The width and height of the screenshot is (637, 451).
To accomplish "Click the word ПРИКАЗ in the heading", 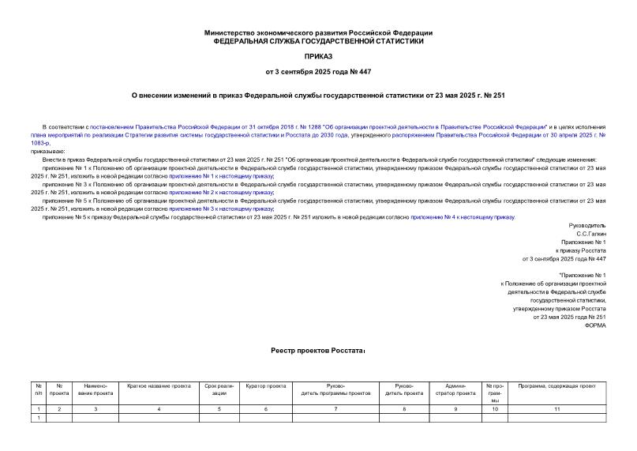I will coord(318,57).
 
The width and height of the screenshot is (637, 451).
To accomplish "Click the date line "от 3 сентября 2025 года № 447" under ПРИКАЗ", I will coord(318,72).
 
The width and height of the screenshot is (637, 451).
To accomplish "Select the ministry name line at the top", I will coord(318,32).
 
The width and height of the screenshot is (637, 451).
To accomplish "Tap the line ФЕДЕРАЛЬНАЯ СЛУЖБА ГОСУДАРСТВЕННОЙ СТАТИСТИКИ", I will coord(318,40).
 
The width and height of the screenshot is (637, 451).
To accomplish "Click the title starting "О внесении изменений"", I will coord(318,96).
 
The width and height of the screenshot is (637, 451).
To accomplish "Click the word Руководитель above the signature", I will coord(588,225).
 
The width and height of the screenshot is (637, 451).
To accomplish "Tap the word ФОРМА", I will coord(595,325).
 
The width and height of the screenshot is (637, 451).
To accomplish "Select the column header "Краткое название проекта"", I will coord(159,385).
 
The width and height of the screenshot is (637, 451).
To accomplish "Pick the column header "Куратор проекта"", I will coord(265,385).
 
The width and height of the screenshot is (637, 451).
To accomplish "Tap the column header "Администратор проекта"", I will coord(455,389).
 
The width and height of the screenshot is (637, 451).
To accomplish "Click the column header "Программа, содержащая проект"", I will coord(556,385).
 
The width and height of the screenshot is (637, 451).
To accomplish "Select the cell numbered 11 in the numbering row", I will coord(556,408).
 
